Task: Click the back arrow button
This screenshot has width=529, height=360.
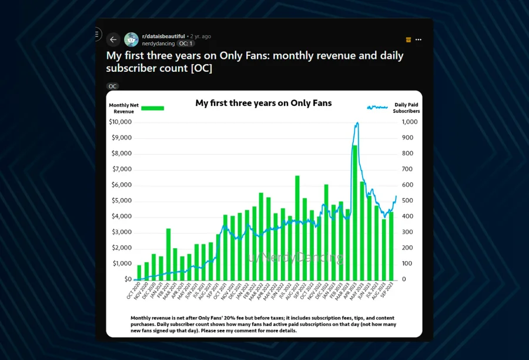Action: coord(113,40)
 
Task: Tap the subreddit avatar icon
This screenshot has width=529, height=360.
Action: coord(132,40)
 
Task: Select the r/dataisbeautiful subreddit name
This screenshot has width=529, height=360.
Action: coord(164,36)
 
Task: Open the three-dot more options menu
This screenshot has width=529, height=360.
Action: coord(418,40)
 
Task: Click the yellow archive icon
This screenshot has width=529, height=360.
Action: coord(409,40)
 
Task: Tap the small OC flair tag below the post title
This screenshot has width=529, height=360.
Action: coord(112,86)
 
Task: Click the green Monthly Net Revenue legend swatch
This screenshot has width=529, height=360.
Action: coord(153,108)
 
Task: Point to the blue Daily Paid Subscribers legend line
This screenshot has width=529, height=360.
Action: coord(377,108)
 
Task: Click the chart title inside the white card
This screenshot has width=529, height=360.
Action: coord(263,103)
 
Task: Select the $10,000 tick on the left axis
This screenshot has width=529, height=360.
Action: coord(120,122)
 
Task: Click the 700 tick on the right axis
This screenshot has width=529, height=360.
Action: coord(407,169)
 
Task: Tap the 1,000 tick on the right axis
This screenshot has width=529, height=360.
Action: coord(409,122)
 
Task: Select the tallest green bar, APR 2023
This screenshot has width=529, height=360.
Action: coord(354,212)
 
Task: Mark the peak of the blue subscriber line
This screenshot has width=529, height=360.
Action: coord(357,123)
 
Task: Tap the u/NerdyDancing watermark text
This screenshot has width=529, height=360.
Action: coord(296,258)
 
